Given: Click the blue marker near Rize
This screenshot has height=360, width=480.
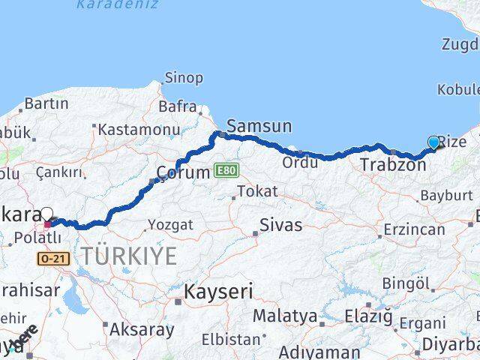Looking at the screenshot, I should coord(433,142).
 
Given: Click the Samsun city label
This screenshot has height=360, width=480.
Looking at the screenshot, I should coord(259,126).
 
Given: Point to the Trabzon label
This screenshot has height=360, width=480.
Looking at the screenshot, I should coord(392,164).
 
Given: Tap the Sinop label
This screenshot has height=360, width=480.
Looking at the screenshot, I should coord(184,78).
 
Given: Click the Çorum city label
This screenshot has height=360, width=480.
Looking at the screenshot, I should coord(182,172).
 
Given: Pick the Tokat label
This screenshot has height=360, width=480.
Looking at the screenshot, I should coord(257,192).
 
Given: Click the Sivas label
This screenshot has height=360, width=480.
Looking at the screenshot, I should coord(280,224).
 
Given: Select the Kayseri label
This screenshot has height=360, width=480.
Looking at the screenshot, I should coord(219,292).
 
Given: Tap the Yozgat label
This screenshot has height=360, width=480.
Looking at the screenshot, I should coord(170,224).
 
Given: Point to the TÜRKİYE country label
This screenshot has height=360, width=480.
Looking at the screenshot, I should coord(129,256).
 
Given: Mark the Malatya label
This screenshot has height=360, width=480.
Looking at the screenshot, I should coord(284,316).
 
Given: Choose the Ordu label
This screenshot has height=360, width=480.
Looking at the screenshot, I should coord(300,162).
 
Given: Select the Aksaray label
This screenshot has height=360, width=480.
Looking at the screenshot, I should coord(142,328).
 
